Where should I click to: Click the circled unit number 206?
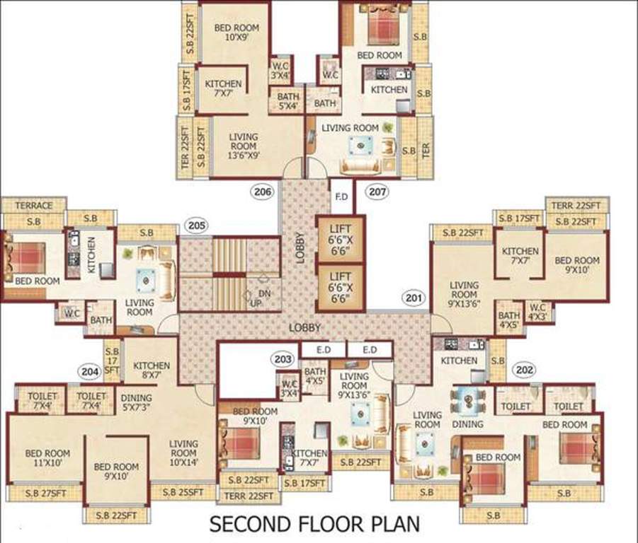[263, 191]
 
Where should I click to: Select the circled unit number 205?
[196, 226]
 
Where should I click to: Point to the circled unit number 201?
[414, 298]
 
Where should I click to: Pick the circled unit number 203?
[283, 360]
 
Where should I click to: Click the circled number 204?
[89, 370]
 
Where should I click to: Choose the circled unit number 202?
[525, 369]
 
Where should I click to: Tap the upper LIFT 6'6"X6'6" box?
[340, 238]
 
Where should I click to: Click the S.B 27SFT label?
[41, 494]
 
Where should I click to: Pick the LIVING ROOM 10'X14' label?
[183, 452]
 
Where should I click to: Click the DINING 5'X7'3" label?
[136, 403]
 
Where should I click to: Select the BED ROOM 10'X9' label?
[237, 33]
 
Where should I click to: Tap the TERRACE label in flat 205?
[33, 206]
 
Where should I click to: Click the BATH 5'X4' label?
[288, 102]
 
